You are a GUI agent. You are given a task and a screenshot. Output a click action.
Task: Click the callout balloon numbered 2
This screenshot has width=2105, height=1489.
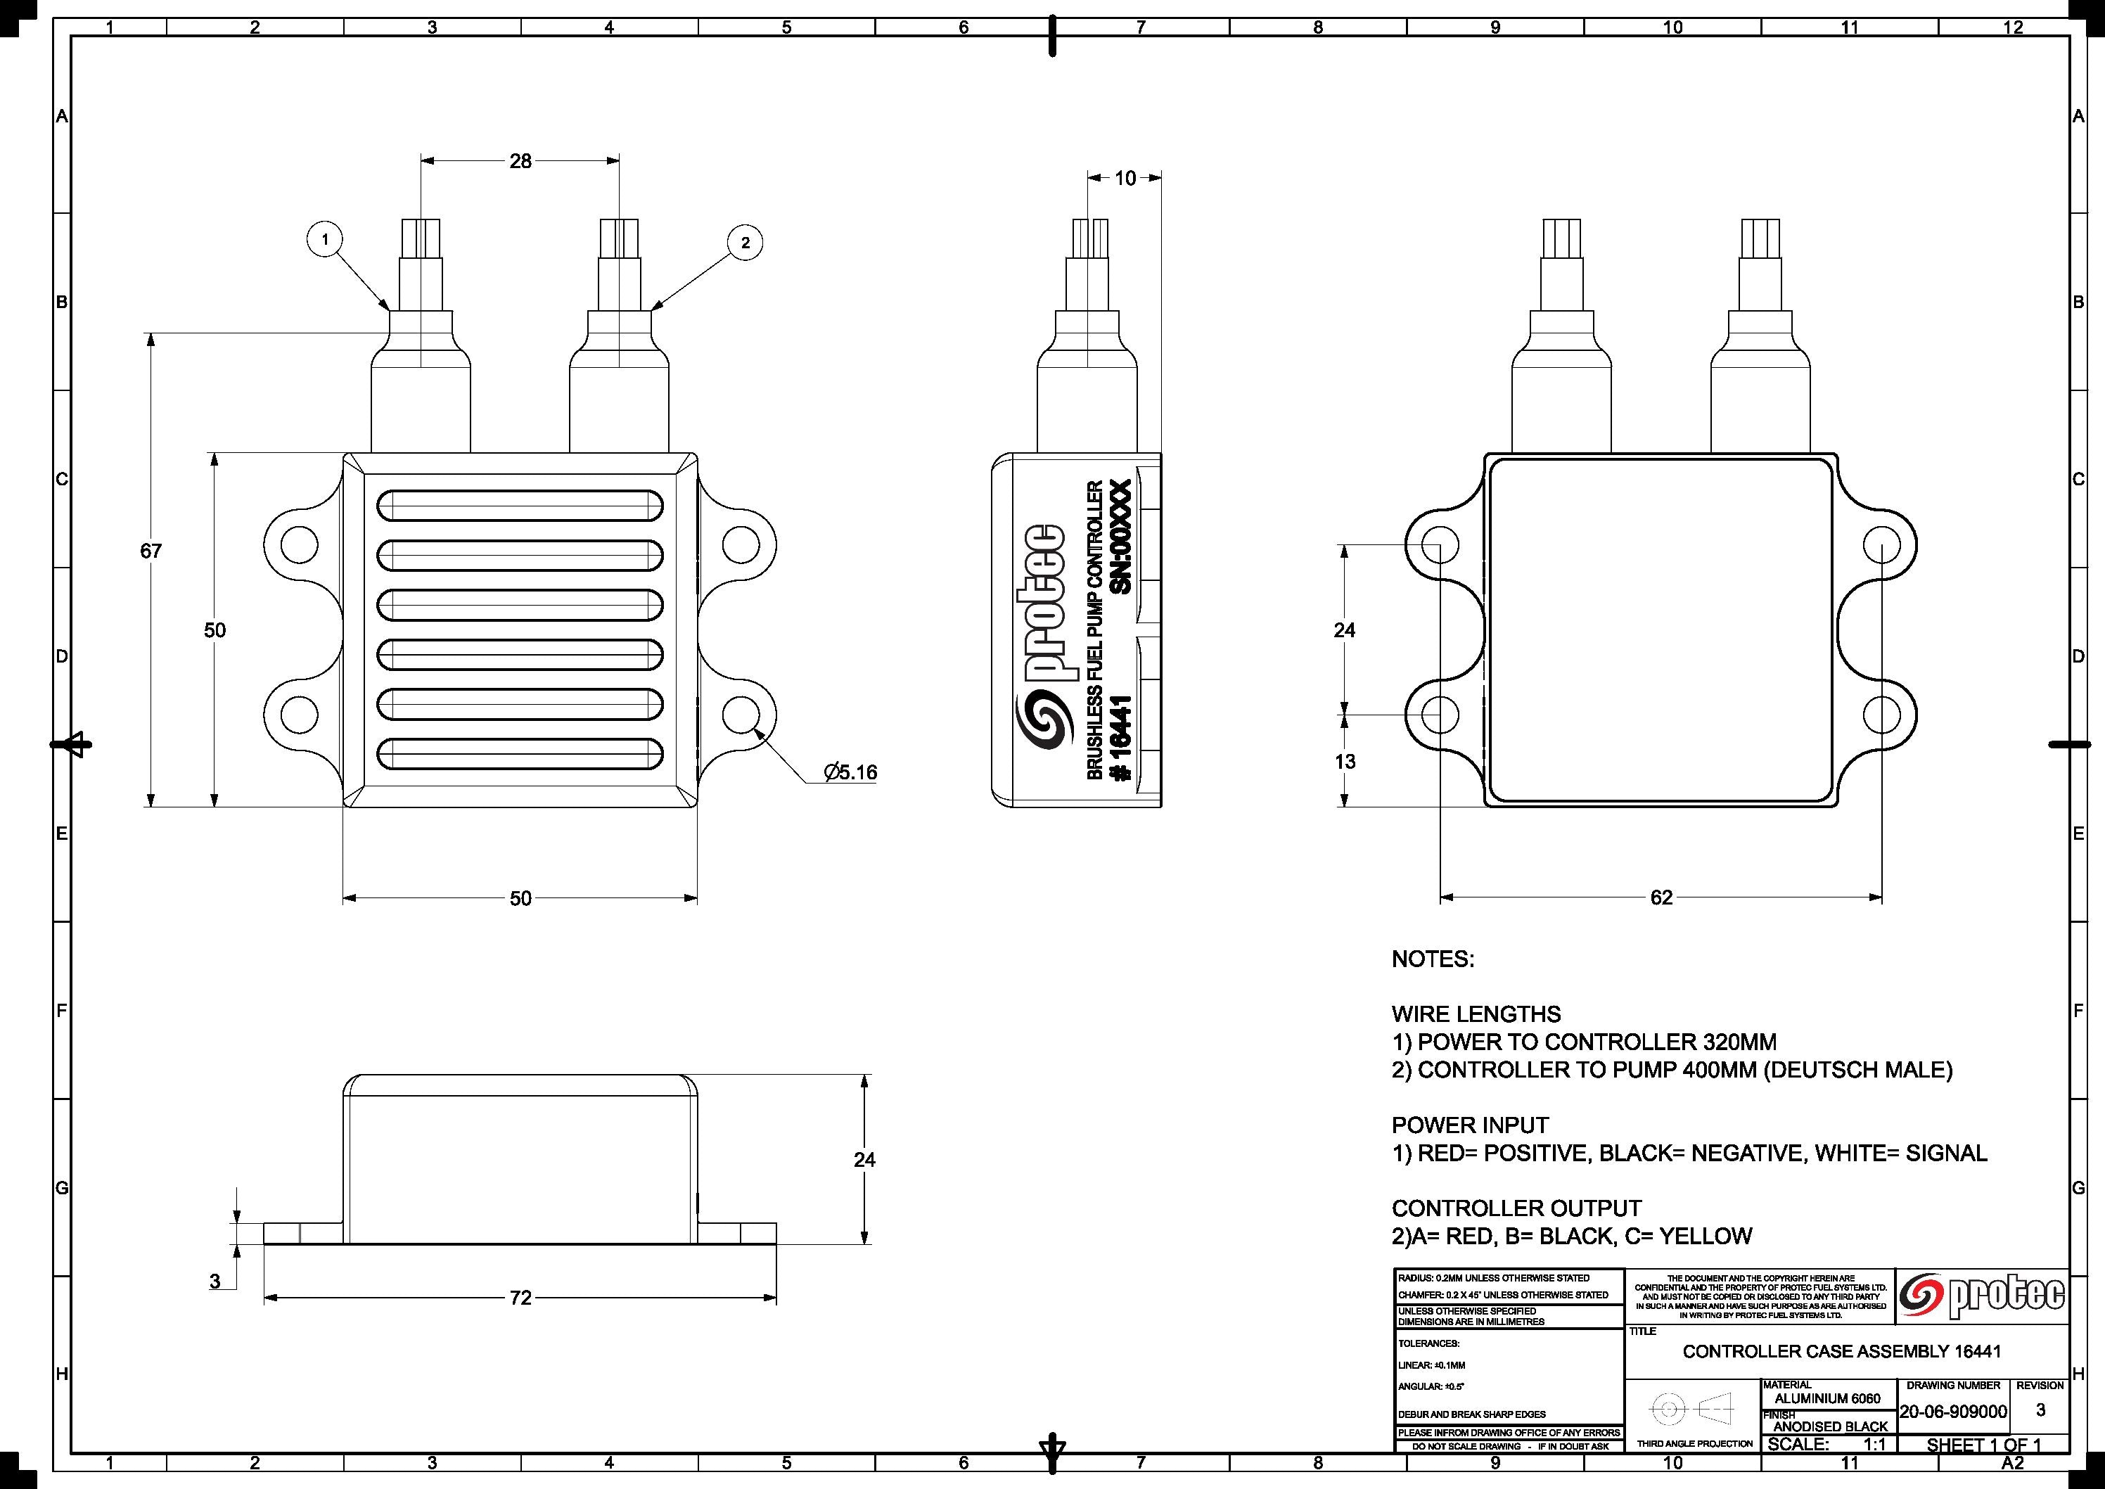tap(746, 243)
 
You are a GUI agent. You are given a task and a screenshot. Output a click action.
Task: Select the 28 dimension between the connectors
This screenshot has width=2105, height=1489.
tap(520, 161)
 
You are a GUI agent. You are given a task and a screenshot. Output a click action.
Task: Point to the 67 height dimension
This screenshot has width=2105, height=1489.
tap(151, 551)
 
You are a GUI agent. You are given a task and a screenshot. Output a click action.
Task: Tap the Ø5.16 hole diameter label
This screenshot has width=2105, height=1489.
tap(850, 773)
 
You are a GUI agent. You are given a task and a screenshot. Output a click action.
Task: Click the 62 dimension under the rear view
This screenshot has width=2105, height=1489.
tap(1661, 897)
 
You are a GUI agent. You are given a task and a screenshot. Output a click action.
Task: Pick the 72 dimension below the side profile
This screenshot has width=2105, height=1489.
tap(520, 1298)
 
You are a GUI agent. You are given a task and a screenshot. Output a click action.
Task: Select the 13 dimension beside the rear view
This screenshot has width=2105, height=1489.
tap(1345, 761)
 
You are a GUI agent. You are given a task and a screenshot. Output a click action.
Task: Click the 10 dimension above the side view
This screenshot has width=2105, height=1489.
tap(1125, 178)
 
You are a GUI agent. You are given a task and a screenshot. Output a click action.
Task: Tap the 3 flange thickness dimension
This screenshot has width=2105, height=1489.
tap(215, 1281)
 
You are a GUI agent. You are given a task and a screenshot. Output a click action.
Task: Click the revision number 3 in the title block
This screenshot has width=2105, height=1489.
tap(2040, 1410)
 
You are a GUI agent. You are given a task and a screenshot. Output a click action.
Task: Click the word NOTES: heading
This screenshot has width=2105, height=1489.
tap(1433, 959)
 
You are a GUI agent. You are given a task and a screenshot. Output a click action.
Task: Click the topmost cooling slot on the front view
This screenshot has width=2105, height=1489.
tap(520, 505)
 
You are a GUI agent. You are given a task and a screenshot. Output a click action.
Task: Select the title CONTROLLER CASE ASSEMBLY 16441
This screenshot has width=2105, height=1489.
tap(1842, 1351)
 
